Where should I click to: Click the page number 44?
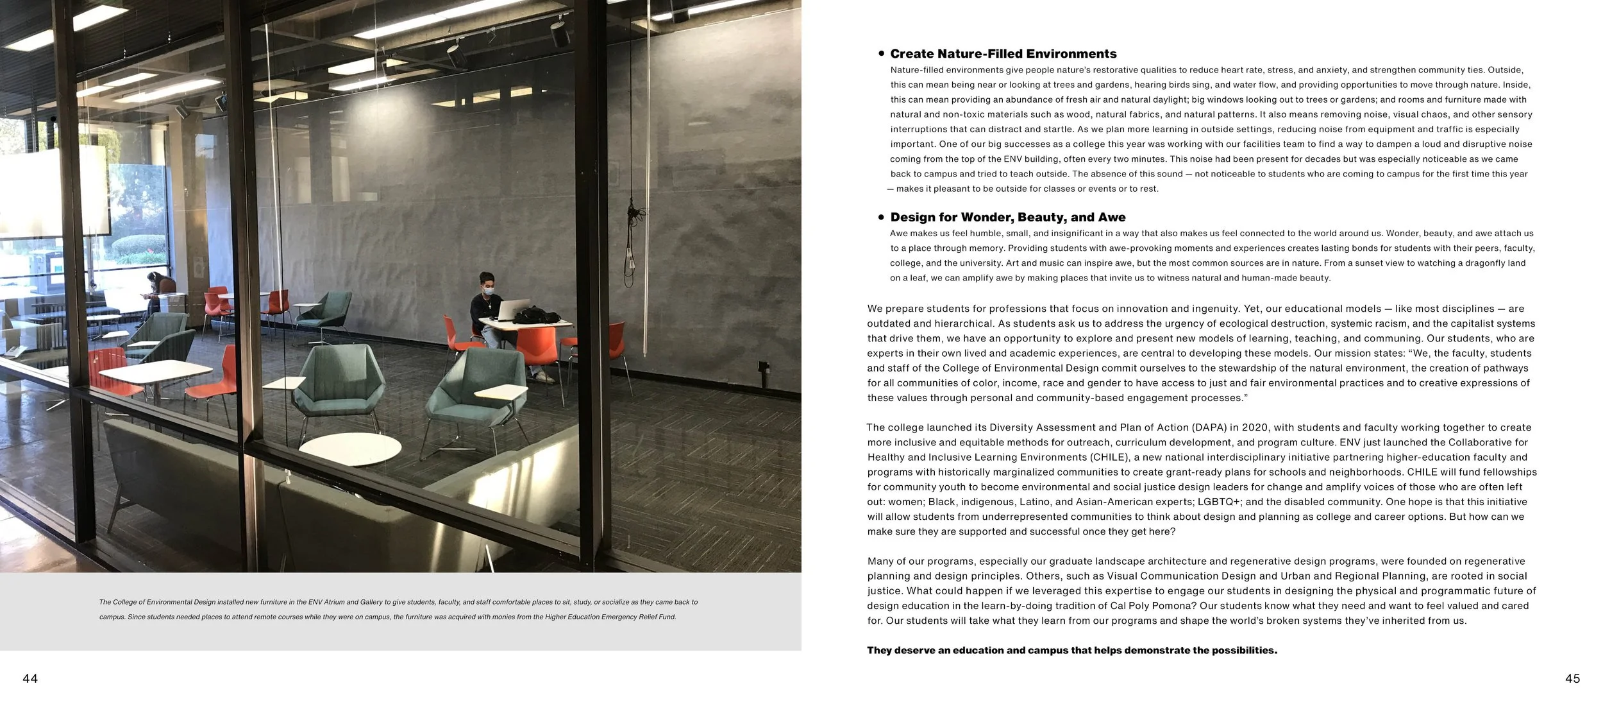[30, 678]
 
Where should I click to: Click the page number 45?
[1572, 678]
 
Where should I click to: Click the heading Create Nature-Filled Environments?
[1003, 54]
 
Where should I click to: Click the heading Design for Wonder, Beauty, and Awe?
[1007, 218]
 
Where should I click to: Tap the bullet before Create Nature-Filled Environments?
[882, 54]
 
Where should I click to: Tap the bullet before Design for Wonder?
[882, 218]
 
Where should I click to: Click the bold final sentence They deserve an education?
[1071, 650]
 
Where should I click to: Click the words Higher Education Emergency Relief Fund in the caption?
[610, 617]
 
